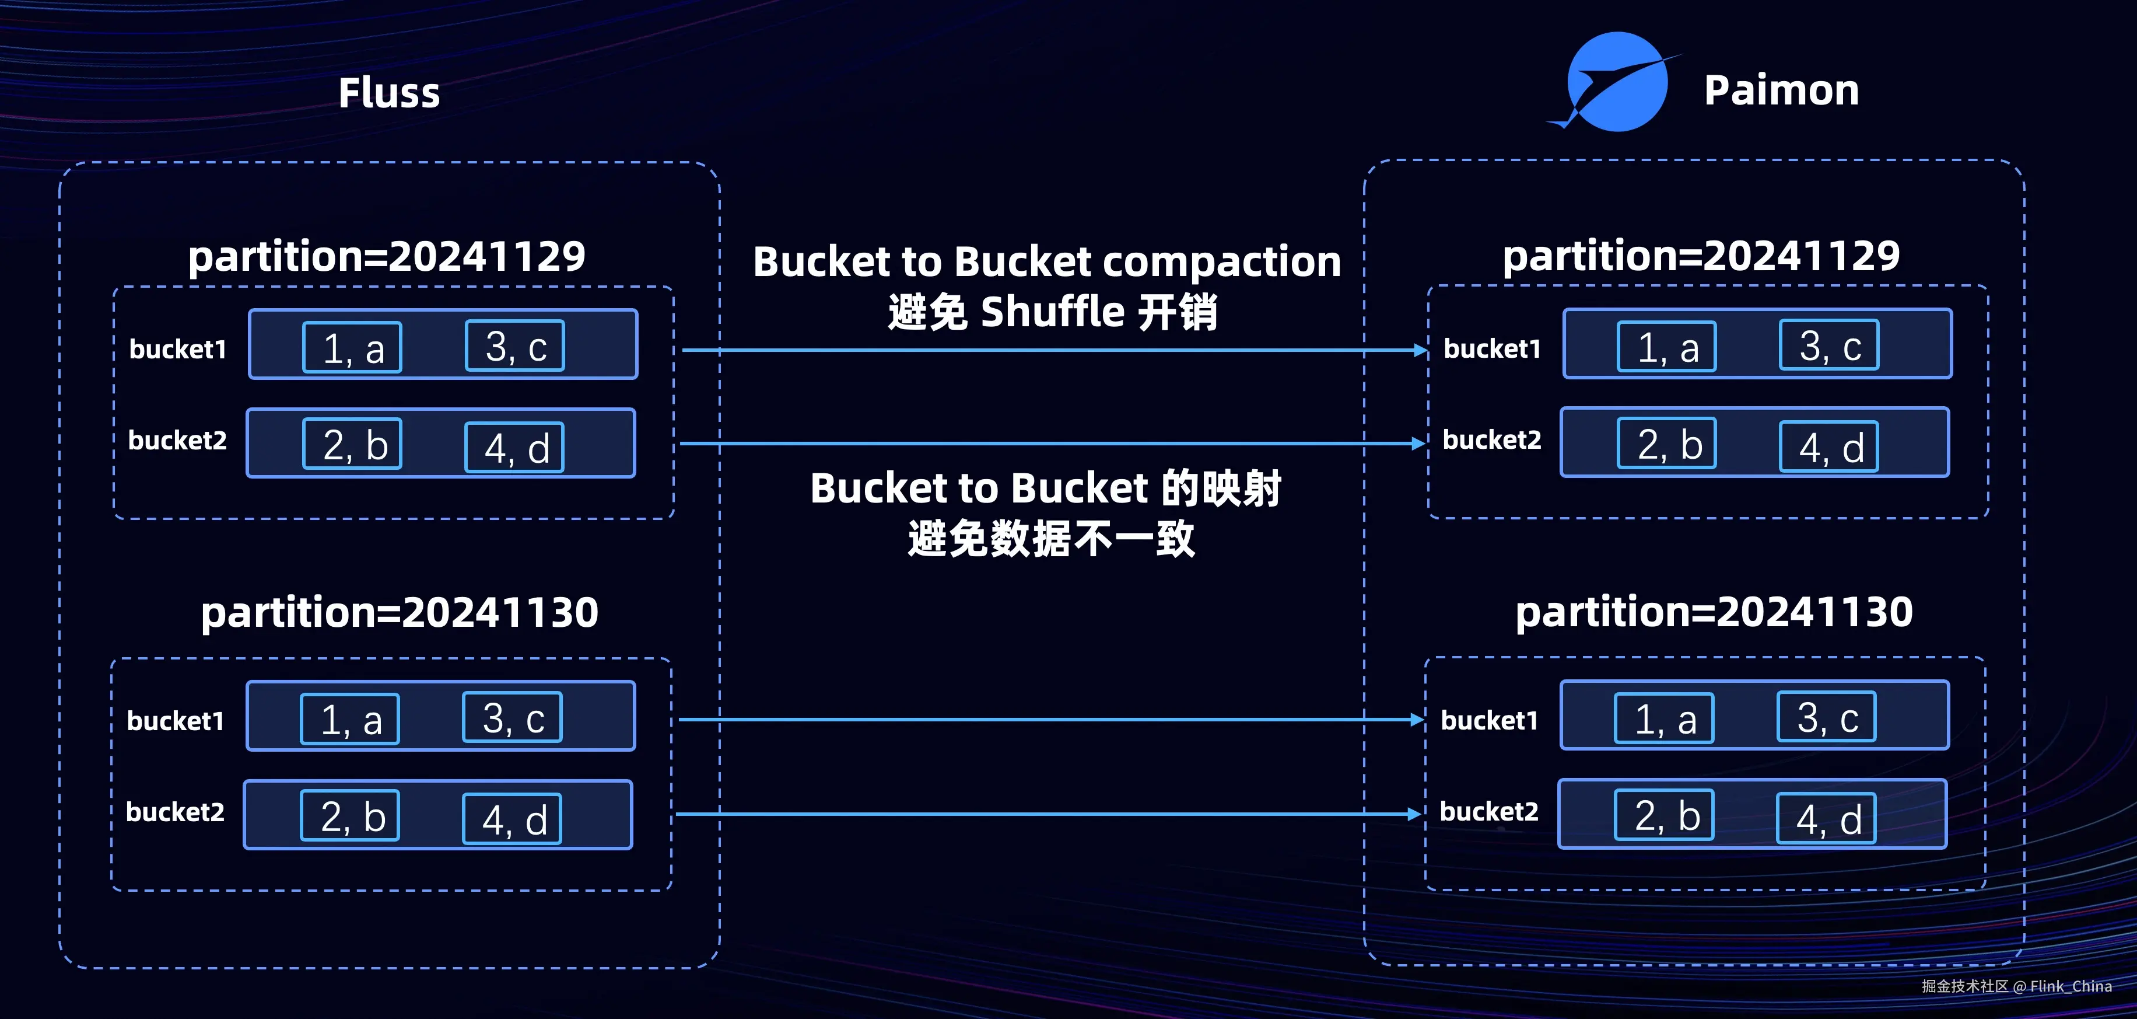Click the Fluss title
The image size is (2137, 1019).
click(x=389, y=92)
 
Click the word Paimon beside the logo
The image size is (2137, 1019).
click(x=1781, y=90)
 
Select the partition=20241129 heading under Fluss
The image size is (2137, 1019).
click(x=387, y=256)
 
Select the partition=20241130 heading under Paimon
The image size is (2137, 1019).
click(x=1714, y=612)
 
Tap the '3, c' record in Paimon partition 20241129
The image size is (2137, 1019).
click(x=1829, y=345)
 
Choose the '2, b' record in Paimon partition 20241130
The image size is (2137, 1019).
click(x=1664, y=815)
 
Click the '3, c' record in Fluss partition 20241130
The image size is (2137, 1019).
click(x=513, y=717)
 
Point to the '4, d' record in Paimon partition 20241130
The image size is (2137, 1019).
click(x=1827, y=819)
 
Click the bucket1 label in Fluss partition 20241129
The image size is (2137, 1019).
click(x=177, y=350)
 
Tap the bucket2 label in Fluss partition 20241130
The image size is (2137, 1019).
click(x=175, y=812)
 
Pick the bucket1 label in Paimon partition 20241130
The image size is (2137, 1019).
click(x=1489, y=720)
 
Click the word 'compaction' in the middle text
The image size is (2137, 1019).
click(x=1221, y=261)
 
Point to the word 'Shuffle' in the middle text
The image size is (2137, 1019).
click(x=1052, y=312)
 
